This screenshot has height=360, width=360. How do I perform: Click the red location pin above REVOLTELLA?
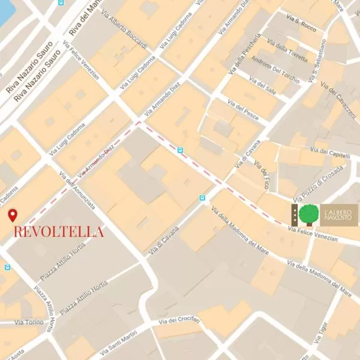point(12,215)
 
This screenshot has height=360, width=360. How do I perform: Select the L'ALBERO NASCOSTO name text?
point(340,215)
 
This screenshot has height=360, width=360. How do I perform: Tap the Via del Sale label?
point(262,88)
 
